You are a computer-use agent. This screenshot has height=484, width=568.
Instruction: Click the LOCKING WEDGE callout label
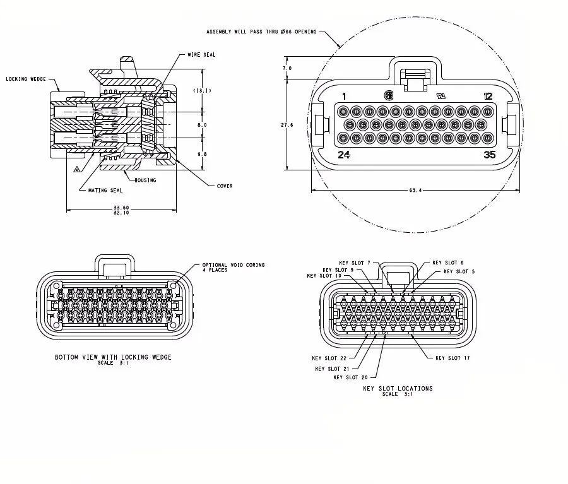coord(25,80)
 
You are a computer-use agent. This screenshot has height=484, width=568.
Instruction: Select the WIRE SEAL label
coord(201,55)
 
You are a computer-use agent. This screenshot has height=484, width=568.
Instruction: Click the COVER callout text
coord(225,186)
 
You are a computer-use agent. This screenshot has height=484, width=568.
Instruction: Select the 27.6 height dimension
coord(287,125)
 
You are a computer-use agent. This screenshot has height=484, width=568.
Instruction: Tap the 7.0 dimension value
coord(287,68)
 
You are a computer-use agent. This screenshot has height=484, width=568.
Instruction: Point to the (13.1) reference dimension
coord(202,91)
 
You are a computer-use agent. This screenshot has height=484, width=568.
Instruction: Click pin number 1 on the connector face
coord(344,96)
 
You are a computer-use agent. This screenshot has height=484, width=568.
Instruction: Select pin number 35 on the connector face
coord(490,155)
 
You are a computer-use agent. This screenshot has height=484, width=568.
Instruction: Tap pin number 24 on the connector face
coord(344,155)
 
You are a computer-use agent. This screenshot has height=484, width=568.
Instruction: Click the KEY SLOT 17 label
coord(453,358)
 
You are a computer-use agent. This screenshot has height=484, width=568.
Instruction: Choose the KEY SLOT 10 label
coord(324,276)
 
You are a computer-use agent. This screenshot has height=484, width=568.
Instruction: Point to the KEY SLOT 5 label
coord(459,271)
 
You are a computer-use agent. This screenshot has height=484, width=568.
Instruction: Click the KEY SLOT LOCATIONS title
coord(398,388)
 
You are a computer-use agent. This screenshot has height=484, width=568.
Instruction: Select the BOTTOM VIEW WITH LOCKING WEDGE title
coord(113,357)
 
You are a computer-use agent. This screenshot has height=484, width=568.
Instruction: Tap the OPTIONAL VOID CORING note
coord(234,265)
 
